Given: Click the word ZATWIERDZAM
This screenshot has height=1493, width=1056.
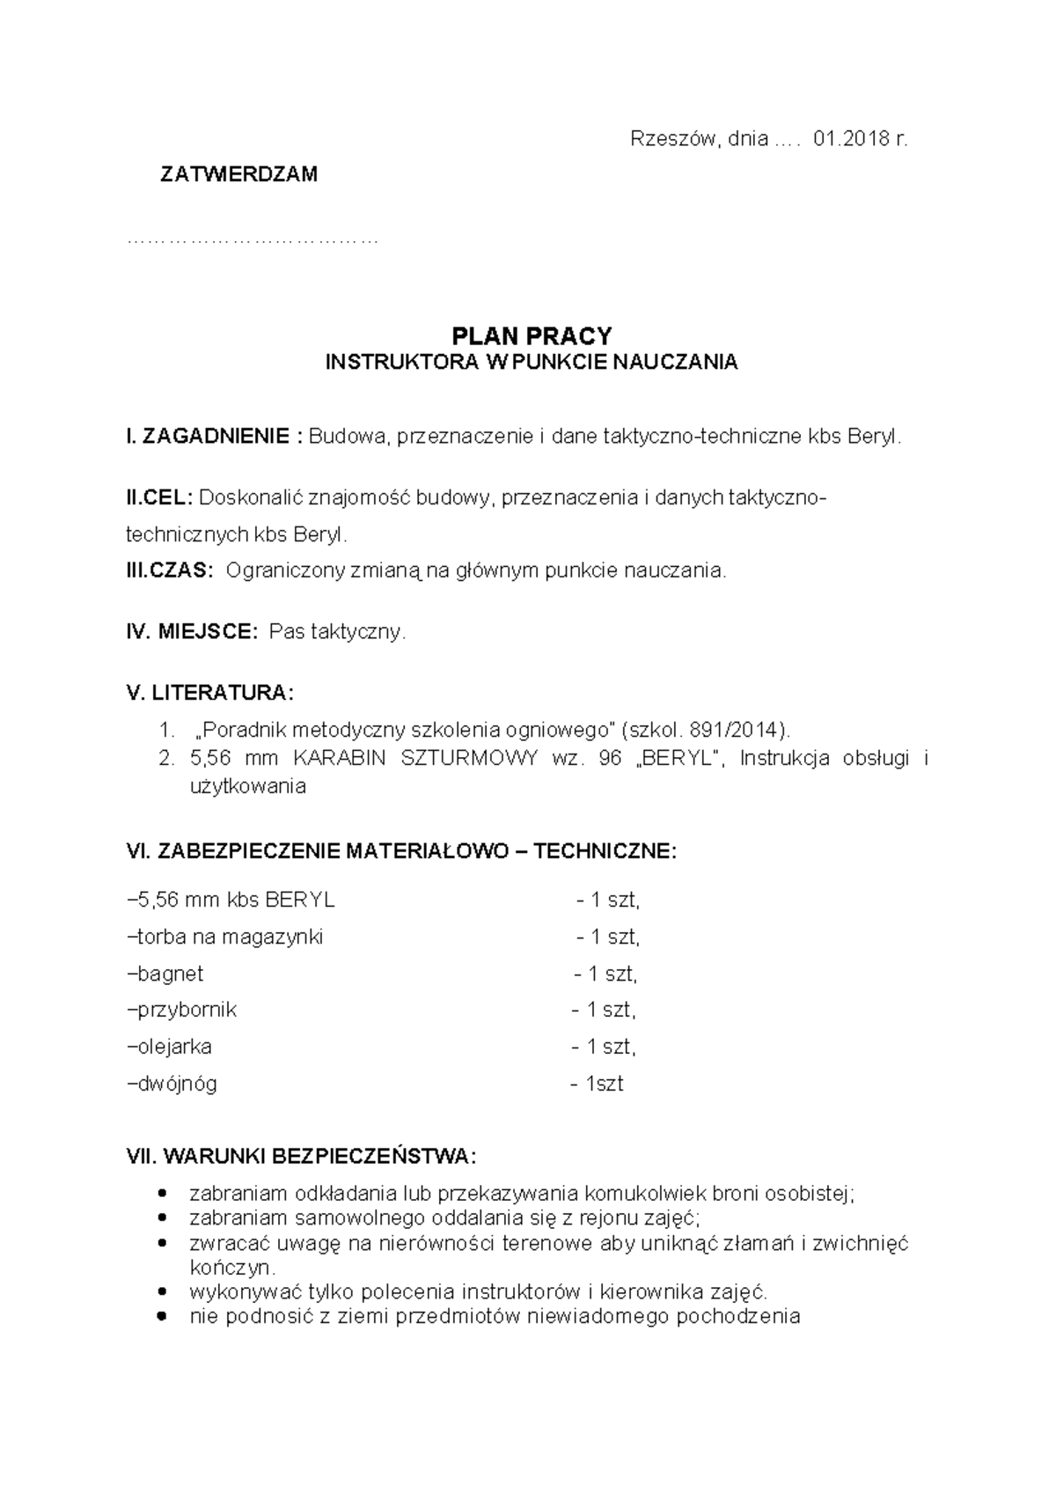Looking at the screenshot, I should [x=238, y=174].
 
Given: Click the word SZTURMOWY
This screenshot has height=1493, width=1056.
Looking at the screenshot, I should [x=468, y=759].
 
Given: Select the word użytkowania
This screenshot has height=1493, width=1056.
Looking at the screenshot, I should [x=247, y=786].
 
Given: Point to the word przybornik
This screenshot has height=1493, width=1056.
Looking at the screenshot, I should [x=187, y=1010].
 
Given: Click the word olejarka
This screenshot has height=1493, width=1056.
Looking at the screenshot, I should [x=174, y=1047].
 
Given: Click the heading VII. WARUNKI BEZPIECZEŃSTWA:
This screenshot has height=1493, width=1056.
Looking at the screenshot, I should [x=302, y=1156].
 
